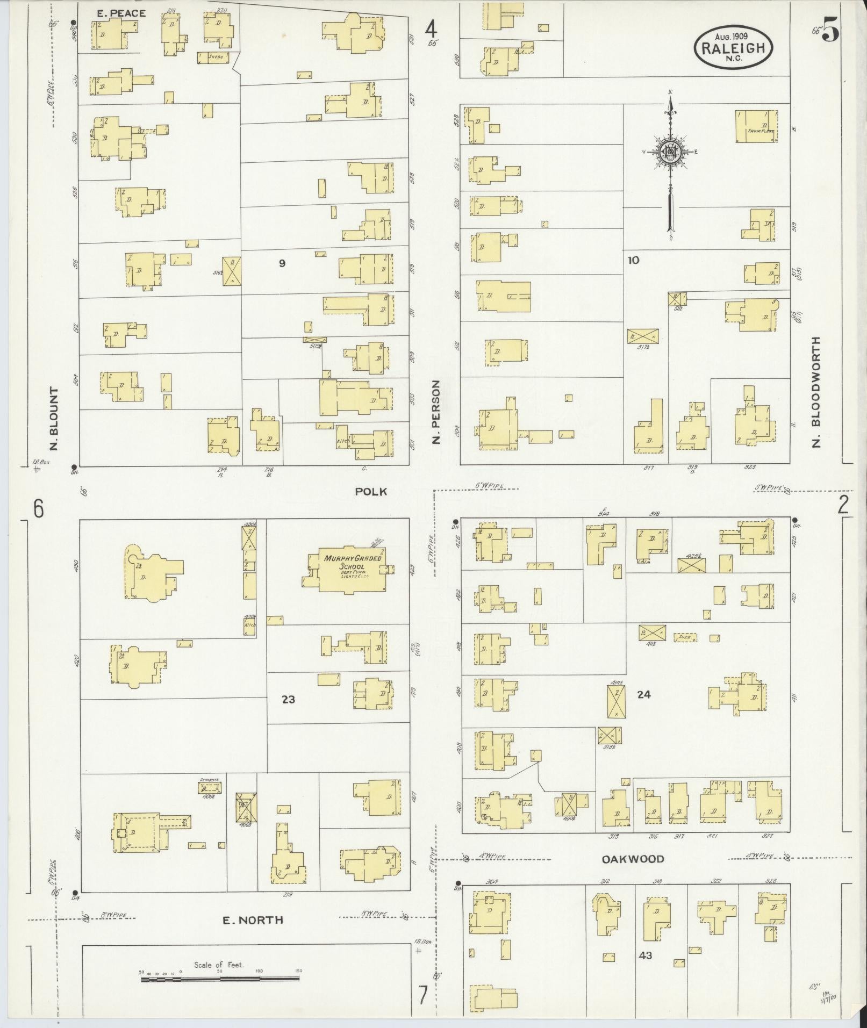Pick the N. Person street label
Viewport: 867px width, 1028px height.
pyautogui.click(x=436, y=412)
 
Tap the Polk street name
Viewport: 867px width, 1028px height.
pyautogui.click(x=371, y=491)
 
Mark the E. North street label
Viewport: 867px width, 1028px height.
pyautogui.click(x=253, y=920)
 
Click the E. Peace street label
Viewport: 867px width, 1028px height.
pyautogui.click(x=121, y=13)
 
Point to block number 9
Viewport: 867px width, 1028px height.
pyautogui.click(x=282, y=263)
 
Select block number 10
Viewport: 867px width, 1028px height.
pyautogui.click(x=633, y=261)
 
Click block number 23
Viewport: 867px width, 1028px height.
pyautogui.click(x=288, y=699)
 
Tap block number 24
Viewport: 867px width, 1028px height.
pyautogui.click(x=643, y=694)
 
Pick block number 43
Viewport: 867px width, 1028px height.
pyautogui.click(x=645, y=955)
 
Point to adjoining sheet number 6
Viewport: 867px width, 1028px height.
pyautogui.click(x=38, y=508)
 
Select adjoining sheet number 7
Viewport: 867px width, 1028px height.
pyautogui.click(x=423, y=996)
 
